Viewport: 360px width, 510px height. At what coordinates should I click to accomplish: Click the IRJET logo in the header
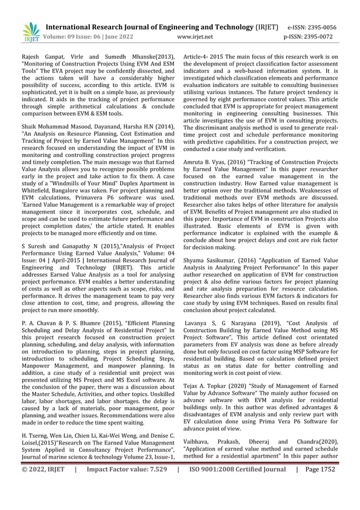[x=31, y=32]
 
